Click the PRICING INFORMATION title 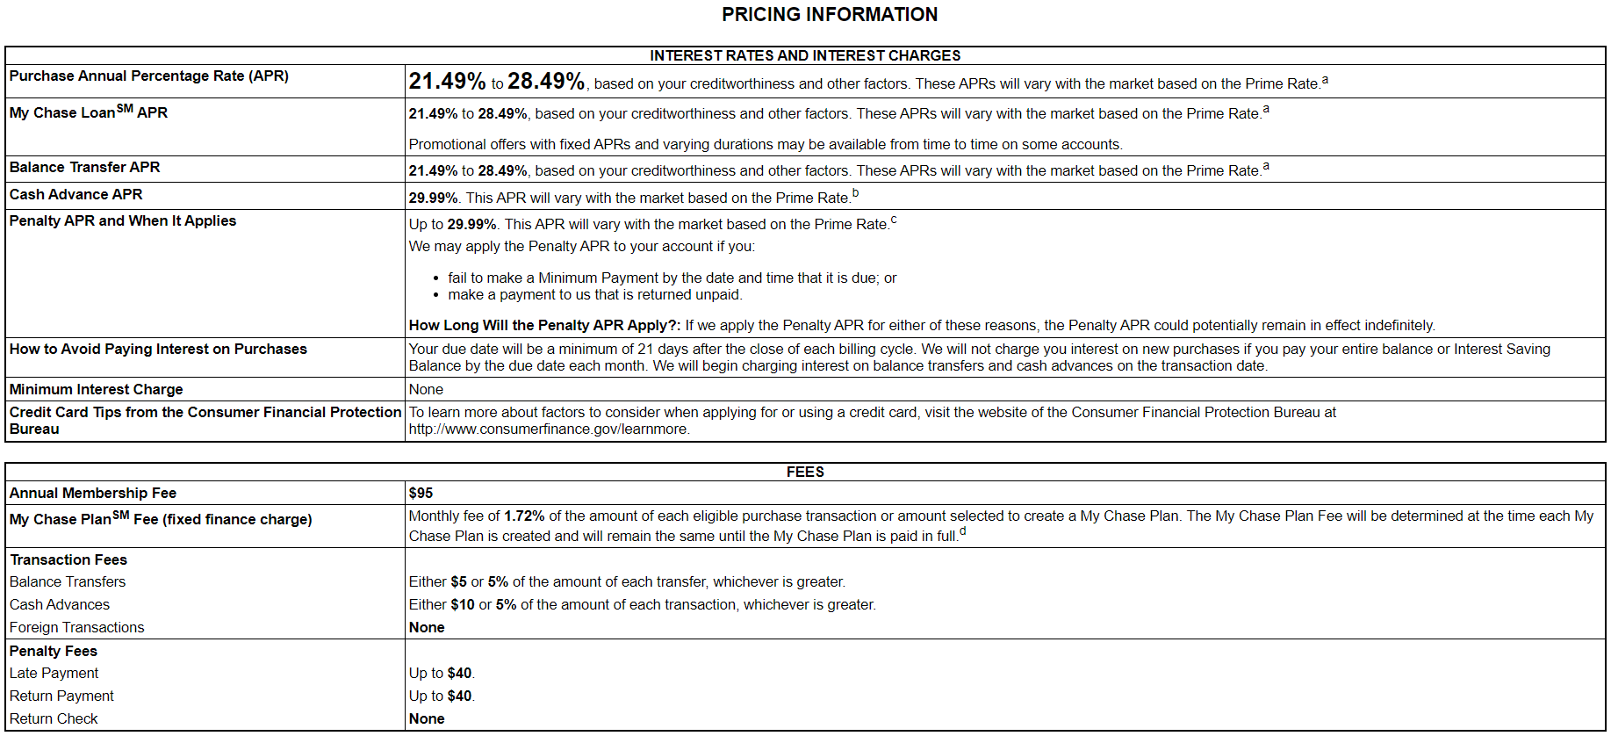tap(829, 15)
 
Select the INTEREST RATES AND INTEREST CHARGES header tap(805, 55)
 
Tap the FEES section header tap(805, 472)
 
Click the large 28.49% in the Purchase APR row tap(545, 82)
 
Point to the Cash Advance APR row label tap(76, 194)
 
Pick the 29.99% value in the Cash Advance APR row tap(433, 198)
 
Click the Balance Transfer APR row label tap(84, 167)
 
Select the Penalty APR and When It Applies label tap(123, 220)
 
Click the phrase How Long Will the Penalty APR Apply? tap(544, 325)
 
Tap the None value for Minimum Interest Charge tap(426, 389)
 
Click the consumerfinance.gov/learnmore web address tap(549, 429)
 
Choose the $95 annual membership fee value tap(421, 493)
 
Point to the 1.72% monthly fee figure tap(524, 516)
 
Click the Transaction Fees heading tap(68, 559)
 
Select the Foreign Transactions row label tap(76, 627)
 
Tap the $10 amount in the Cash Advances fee tap(462, 604)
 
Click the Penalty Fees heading tap(54, 651)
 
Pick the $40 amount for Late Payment tap(459, 673)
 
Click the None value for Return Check tap(427, 718)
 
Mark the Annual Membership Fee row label tap(93, 493)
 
